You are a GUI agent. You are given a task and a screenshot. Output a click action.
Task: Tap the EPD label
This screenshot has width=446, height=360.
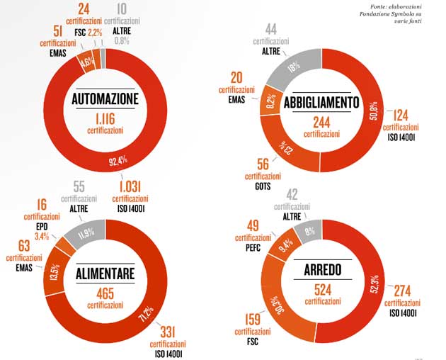[42, 226]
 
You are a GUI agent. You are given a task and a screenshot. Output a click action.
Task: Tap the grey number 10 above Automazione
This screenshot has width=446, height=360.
[122, 9]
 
